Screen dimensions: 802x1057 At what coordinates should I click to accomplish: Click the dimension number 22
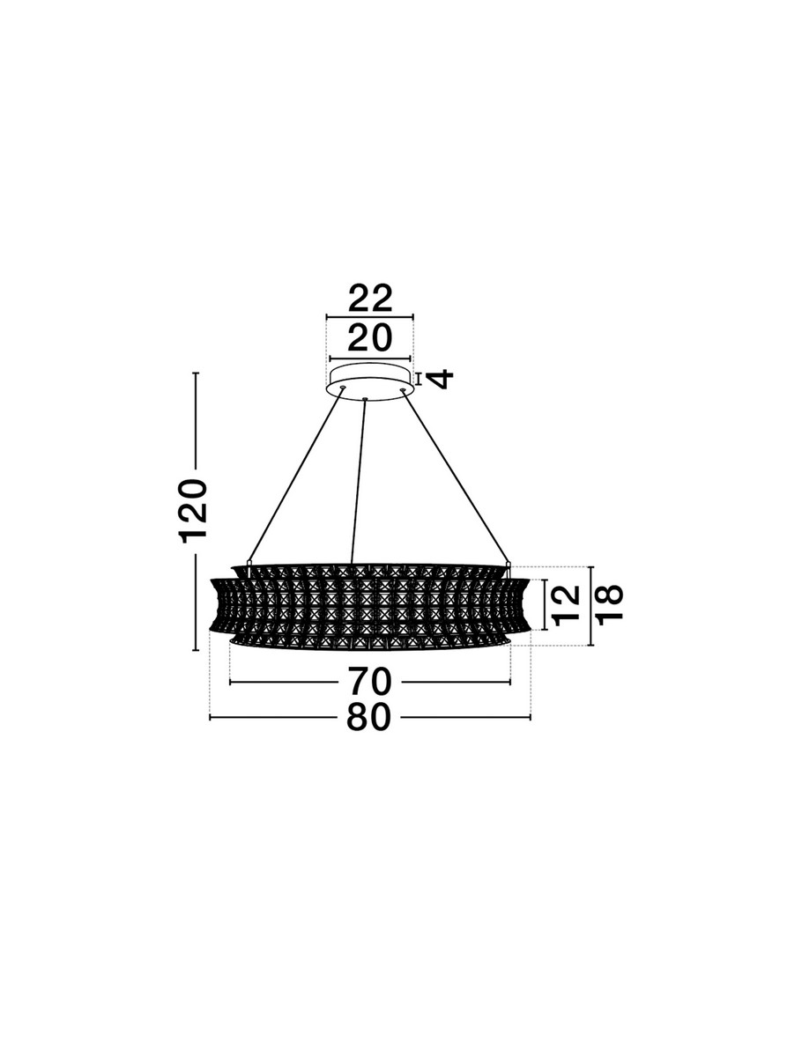370,299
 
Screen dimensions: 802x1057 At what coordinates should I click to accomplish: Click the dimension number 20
369,337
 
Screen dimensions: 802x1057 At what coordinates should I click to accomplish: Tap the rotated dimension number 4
442,379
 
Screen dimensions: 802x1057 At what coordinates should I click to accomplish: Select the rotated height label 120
194,511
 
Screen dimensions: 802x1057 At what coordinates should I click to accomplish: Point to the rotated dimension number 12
567,605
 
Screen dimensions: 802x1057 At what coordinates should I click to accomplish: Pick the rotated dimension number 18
609,604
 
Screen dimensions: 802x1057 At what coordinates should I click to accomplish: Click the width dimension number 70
369,682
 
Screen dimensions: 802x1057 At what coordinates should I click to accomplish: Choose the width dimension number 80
369,730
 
